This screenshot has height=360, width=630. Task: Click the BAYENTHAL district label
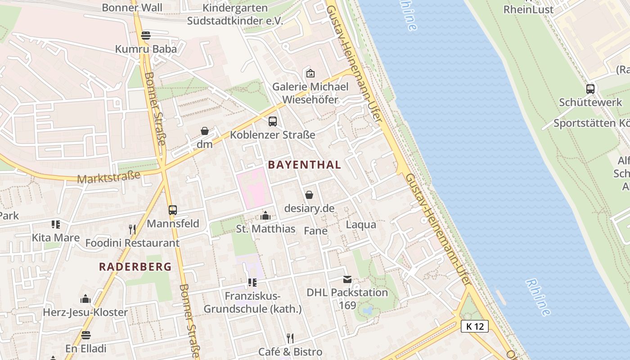305,165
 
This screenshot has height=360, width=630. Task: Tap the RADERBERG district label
135,266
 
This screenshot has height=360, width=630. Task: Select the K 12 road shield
475,326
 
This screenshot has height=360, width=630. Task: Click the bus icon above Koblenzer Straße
273,121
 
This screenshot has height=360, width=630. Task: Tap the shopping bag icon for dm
205,131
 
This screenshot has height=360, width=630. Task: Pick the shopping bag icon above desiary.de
309,195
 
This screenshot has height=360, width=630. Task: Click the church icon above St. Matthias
265,216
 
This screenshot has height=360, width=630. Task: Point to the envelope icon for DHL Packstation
347,279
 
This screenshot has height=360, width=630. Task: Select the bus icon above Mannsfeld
173,210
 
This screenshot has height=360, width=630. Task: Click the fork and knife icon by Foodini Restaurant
132,229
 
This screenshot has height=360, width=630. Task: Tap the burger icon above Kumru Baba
145,35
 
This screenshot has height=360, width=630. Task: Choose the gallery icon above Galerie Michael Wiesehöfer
310,73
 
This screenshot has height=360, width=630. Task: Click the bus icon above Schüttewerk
590,89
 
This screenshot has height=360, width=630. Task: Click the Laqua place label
361,224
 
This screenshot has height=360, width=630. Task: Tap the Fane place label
315,231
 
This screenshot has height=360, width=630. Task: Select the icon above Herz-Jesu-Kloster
85,299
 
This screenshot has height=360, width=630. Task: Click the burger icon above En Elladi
86,335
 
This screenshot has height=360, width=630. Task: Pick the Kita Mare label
55,237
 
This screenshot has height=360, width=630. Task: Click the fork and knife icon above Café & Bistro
290,338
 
